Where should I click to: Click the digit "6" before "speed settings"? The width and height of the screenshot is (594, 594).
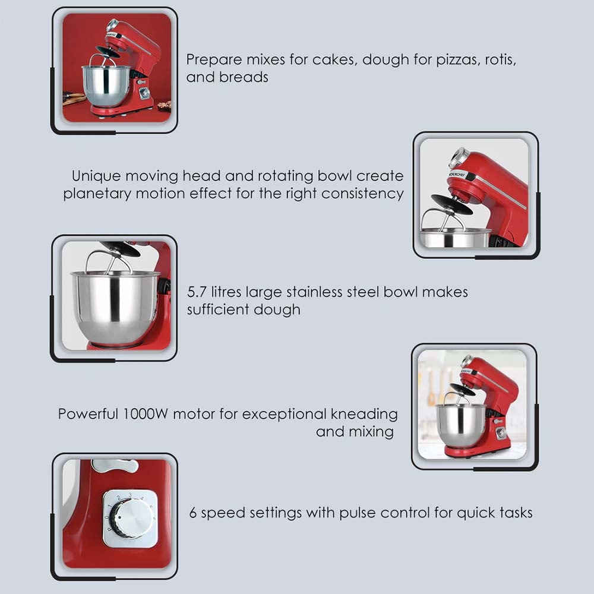pyautogui.click(x=193, y=513)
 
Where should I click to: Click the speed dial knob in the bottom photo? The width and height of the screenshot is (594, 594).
pyautogui.click(x=131, y=518)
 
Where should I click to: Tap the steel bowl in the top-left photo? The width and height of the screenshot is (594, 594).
pyautogui.click(x=106, y=85)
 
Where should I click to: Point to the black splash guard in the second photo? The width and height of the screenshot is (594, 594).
pyautogui.click(x=451, y=204)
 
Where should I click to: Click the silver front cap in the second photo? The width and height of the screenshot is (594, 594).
pyautogui.click(x=458, y=158)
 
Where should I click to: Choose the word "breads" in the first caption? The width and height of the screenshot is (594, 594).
pyautogui.click(x=245, y=77)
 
